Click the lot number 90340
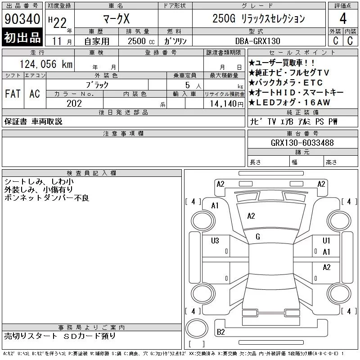pyautogui.click(x=22, y=19)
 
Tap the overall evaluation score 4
pyautogui.click(x=343, y=19)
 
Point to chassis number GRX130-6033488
pyautogui.click(x=302, y=143)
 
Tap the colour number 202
pyautogui.click(x=74, y=103)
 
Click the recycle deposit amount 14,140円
pyautogui.click(x=224, y=103)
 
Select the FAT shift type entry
pyautogui.click(x=13, y=94)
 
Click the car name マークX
pyautogui.click(x=115, y=18)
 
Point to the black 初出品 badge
pyautogui.click(x=22, y=38)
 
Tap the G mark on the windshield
pyautogui.click(x=258, y=237)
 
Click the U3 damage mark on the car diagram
pyautogui.click(x=215, y=241)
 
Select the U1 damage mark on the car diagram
pyautogui.click(x=327, y=241)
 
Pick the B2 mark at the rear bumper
pyautogui.click(x=221, y=332)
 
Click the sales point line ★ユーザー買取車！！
pyautogui.click(x=282, y=63)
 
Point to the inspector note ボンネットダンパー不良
pyautogui.click(x=47, y=198)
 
